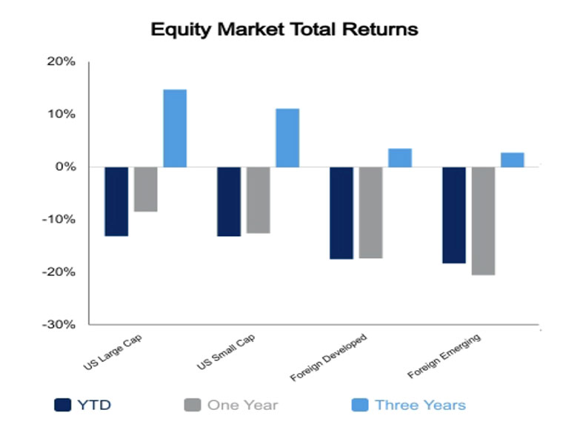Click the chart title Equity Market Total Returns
pyautogui.click(x=284, y=30)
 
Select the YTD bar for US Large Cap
pyautogui.click(x=116, y=201)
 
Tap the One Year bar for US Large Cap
pyautogui.click(x=146, y=189)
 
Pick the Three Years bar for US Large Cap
pyautogui.click(x=175, y=129)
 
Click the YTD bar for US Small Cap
pyautogui.click(x=229, y=201)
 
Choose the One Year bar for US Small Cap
pyautogui.click(x=258, y=200)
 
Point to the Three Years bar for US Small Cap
pyautogui.click(x=287, y=138)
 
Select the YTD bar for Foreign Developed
pyautogui.click(x=342, y=213)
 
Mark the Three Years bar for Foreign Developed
pyautogui.click(x=400, y=158)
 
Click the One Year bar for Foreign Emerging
pyautogui.click(x=483, y=221)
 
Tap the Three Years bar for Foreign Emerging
pyautogui.click(x=513, y=160)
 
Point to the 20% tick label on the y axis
pyautogui.click(x=61, y=61)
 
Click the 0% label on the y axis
pyautogui.click(x=66, y=166)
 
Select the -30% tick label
pyautogui.click(x=59, y=325)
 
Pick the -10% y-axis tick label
pyautogui.click(x=59, y=219)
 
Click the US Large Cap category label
pyautogui.click(x=113, y=352)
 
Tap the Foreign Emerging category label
pyautogui.click(x=444, y=356)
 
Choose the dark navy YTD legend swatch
pyautogui.click(x=62, y=405)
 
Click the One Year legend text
pyautogui.click(x=243, y=406)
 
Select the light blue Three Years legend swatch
pyautogui.click(x=360, y=405)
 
